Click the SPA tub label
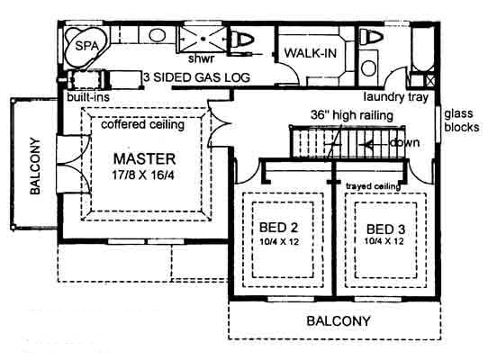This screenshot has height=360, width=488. click(86, 46)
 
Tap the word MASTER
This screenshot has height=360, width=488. click(144, 159)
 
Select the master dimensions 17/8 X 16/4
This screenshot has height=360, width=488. click(143, 175)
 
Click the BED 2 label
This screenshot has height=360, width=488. click(278, 228)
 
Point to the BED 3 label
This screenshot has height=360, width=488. click(385, 229)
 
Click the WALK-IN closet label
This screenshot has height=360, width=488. click(311, 53)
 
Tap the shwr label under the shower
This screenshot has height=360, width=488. click(201, 58)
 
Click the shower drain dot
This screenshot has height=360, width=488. click(203, 39)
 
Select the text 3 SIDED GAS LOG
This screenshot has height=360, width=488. click(196, 77)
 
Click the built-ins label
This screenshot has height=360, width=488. click(88, 97)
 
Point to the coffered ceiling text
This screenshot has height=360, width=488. click(143, 124)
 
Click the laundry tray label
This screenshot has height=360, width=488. click(396, 97)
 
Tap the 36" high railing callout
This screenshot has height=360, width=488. click(352, 115)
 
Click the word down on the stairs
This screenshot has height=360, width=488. click(404, 143)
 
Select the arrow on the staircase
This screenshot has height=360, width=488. click(376, 144)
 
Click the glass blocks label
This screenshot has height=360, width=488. click(462, 121)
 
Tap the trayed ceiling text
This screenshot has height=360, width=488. click(373, 186)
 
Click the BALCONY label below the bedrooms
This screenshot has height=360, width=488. click(339, 320)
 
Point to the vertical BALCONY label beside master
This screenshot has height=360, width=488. click(35, 166)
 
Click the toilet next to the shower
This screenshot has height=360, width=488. click(242, 40)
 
